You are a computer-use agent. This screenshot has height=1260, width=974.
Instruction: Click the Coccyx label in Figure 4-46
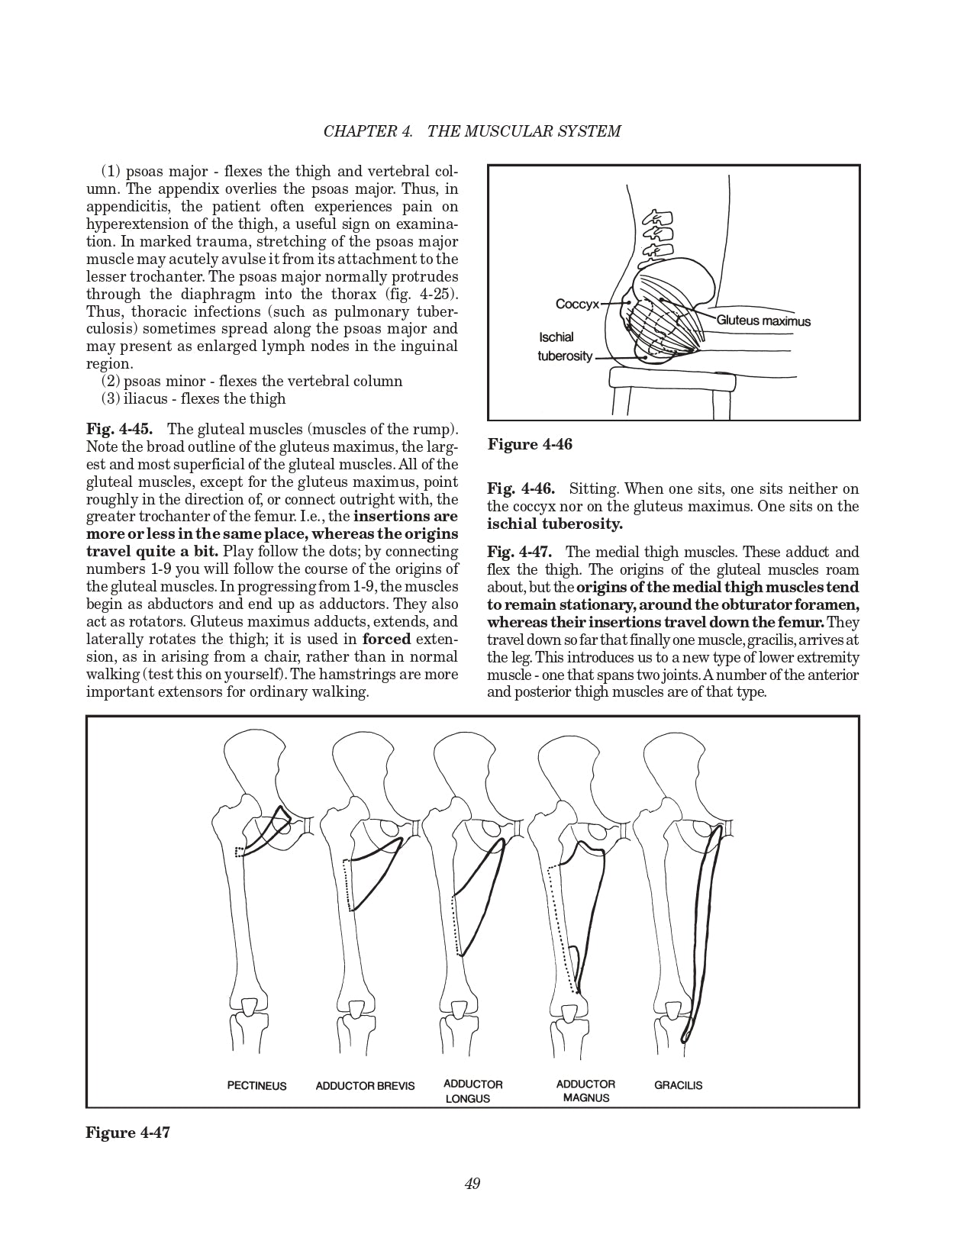click(x=577, y=304)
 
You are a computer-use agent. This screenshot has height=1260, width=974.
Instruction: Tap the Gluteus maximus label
click(x=763, y=321)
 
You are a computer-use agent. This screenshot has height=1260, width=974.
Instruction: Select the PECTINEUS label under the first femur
click(x=256, y=1085)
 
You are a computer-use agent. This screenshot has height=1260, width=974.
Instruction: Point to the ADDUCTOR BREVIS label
click(x=365, y=1085)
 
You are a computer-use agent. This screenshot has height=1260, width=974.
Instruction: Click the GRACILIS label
click(x=678, y=1084)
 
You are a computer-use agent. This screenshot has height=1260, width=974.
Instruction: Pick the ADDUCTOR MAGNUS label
click(x=585, y=1091)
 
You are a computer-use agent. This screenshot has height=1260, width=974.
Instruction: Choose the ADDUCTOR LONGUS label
click(x=472, y=1091)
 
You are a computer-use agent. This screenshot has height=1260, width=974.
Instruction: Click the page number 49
click(x=472, y=1184)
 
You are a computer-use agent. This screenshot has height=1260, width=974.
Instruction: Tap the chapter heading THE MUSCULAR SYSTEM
click(x=524, y=131)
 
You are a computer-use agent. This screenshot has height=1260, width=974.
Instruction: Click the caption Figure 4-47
click(x=127, y=1132)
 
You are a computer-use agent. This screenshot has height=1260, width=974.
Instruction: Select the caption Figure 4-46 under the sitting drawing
click(x=530, y=444)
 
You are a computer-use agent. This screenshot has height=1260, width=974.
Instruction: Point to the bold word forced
click(x=386, y=639)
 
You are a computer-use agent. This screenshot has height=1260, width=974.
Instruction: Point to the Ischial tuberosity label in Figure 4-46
click(x=565, y=346)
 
